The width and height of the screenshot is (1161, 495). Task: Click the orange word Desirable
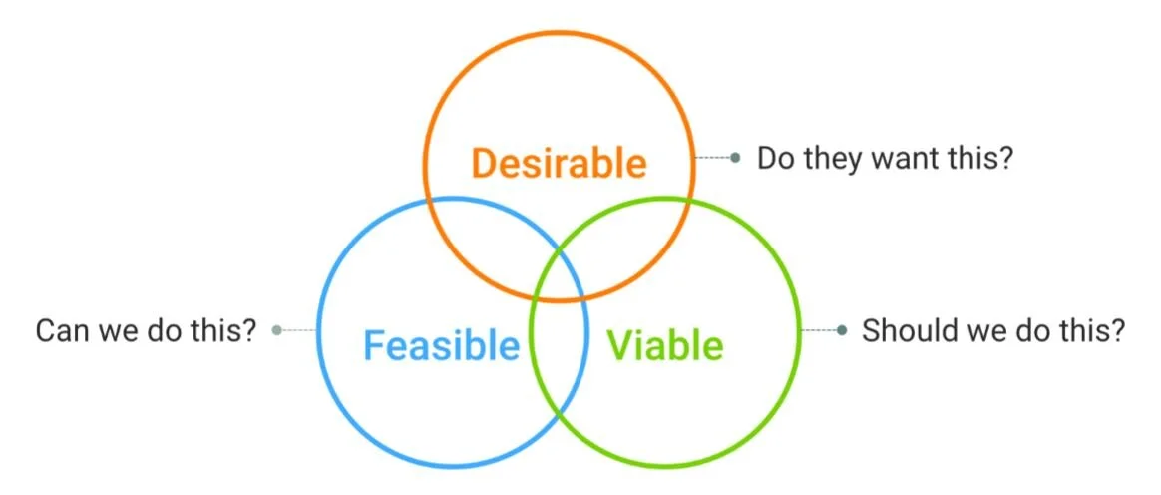pos(559,162)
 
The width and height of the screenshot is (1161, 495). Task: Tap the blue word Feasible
pos(441,345)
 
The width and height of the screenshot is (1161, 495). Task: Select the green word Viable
pos(665,345)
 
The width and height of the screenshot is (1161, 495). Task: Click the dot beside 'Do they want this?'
pos(736,158)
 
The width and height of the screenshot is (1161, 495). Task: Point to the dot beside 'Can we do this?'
pos(277,329)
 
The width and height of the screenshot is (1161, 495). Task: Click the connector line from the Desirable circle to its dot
pos(712,158)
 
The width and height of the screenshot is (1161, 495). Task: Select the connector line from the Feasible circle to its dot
pos(299,329)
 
